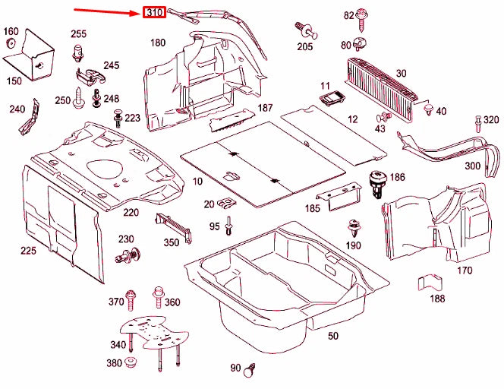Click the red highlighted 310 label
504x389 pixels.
pyautogui.click(x=154, y=13)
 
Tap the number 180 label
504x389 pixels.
pyautogui.click(x=157, y=43)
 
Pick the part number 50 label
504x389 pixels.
pyautogui.click(x=333, y=336)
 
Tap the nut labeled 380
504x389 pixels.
pyautogui.click(x=131, y=362)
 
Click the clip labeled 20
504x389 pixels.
pyautogui.click(x=227, y=204)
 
